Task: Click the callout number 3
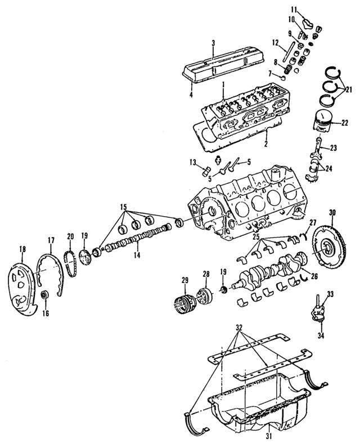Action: point(214,43)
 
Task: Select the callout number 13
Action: point(192,163)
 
